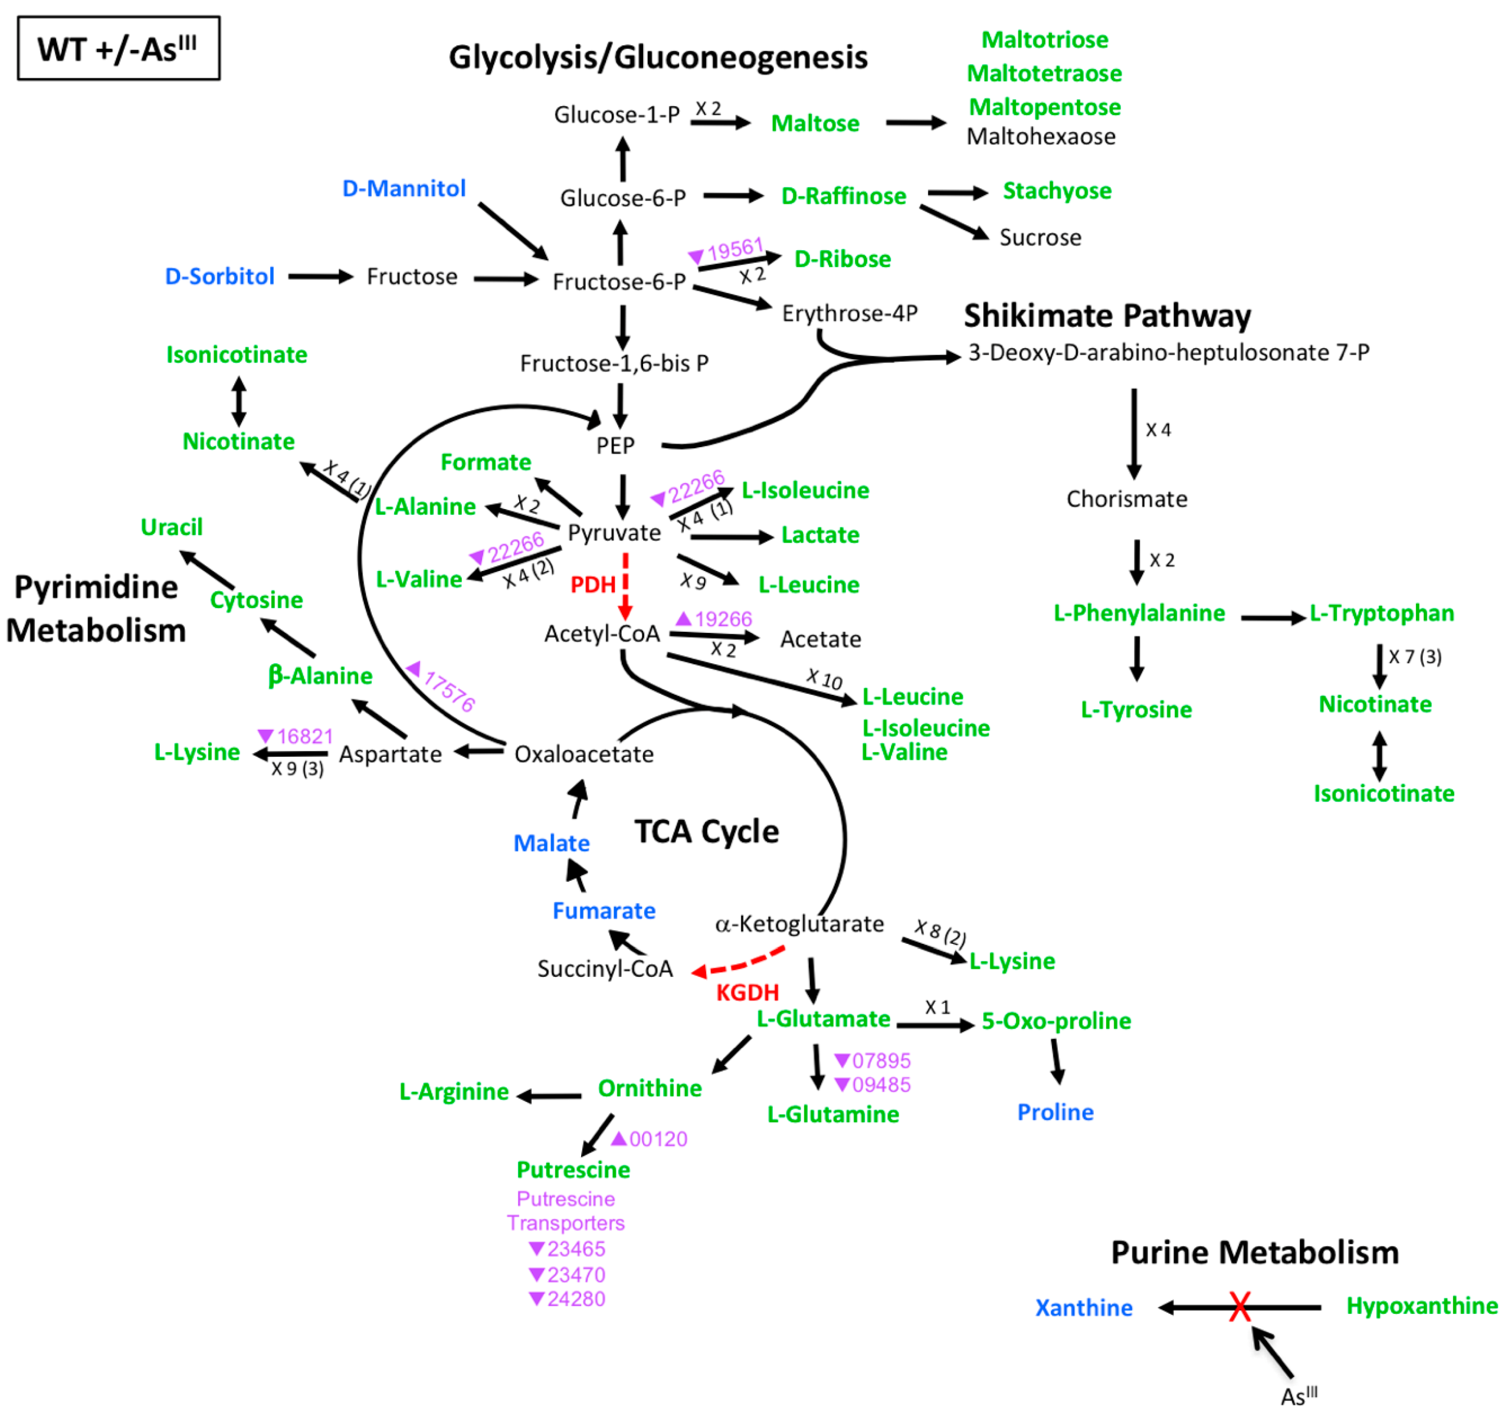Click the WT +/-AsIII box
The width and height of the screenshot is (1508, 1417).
tap(119, 48)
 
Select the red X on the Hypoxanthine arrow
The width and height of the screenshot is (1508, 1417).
tap(1240, 1306)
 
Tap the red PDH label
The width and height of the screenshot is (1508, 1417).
tap(592, 585)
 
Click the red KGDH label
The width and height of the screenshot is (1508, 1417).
tap(747, 992)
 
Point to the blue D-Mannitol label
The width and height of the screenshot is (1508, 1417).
tap(404, 188)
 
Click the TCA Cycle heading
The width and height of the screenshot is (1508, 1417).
tap(706, 831)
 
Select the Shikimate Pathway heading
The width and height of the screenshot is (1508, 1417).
tap(1107, 316)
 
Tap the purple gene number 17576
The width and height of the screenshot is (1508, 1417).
tap(449, 691)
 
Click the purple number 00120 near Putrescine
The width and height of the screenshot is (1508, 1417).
tap(658, 1139)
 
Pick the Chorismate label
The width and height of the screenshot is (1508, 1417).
tap(1126, 499)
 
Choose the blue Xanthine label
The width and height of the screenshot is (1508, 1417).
tap(1083, 1308)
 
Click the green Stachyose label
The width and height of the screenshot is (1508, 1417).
tap(1057, 191)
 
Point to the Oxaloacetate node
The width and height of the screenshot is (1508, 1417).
tap(583, 754)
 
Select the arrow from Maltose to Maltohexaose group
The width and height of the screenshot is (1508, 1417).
tap(915, 122)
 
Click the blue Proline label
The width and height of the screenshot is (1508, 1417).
tap(1054, 1112)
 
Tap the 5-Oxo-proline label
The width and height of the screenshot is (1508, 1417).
tap(1056, 1021)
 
